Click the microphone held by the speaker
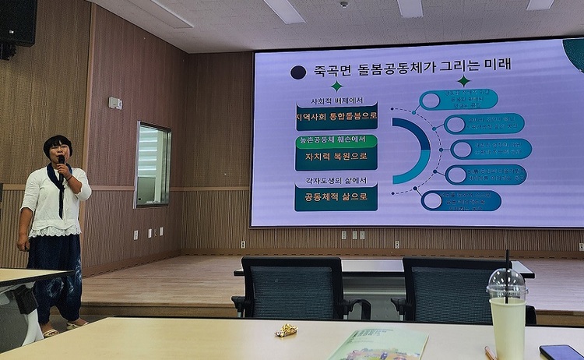click(62, 161)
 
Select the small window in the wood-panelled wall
click(152, 164)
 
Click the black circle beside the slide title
click(297, 72)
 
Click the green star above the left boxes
click(336, 86)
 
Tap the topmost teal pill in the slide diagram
click(459, 99)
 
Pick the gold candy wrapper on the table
click(286, 330)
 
